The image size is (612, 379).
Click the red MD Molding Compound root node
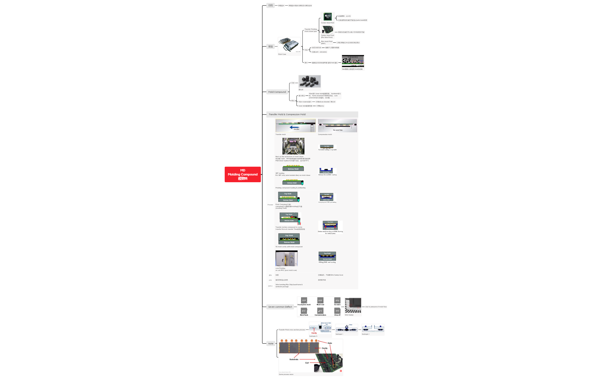[242, 174]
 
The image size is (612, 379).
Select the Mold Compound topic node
[277, 92]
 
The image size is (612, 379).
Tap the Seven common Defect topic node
[280, 307]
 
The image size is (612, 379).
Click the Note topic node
[271, 343]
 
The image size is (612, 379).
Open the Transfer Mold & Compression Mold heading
[287, 114]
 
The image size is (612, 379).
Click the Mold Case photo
[289, 45]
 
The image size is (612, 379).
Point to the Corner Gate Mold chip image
[328, 17]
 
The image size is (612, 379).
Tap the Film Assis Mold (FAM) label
[326, 42]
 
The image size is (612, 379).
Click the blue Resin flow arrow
[294, 127]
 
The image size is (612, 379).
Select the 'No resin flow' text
[338, 130]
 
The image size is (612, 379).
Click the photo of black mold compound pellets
[309, 81]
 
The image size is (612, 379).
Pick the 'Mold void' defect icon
[320, 301]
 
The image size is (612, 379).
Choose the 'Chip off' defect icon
[337, 311]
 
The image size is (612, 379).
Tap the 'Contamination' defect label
[320, 315]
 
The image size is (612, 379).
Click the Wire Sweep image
[353, 306]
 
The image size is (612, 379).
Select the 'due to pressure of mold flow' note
[376, 307]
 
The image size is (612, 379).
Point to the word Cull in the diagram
[307, 363]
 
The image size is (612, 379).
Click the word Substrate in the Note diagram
[294, 359]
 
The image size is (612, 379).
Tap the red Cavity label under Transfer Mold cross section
[314, 333]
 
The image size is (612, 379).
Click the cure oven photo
[286, 258]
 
